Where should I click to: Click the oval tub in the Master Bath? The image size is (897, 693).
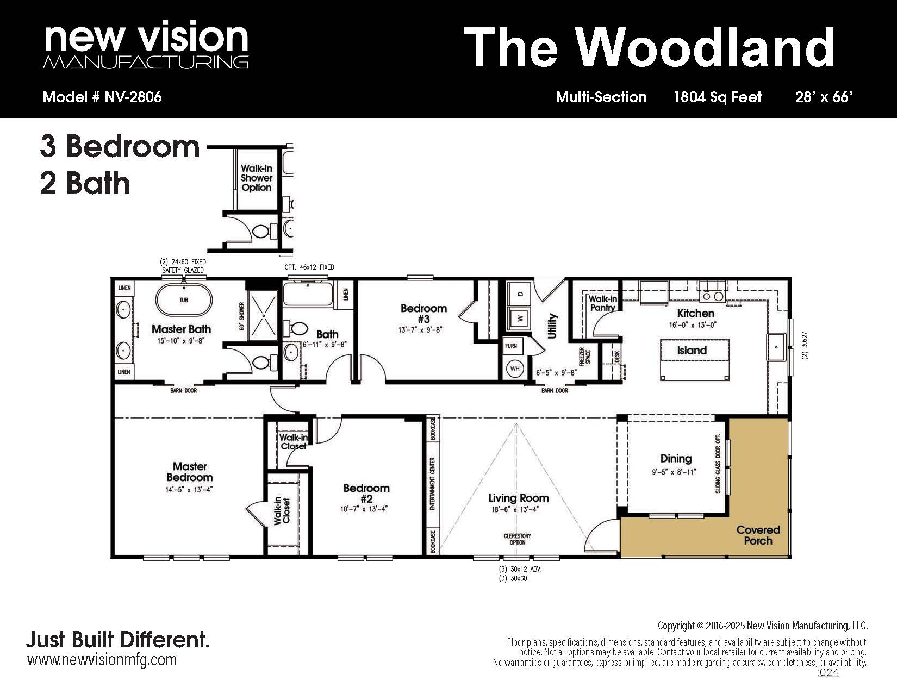[184, 300]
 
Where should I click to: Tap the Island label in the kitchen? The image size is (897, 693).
[692, 351]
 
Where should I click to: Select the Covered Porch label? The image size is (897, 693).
[758, 535]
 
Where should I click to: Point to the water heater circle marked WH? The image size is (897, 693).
[515, 369]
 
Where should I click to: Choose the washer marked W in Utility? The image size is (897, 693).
[520, 318]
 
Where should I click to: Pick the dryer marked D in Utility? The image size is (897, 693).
[520, 294]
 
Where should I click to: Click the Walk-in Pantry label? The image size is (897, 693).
[603, 303]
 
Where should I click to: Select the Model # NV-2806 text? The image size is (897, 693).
[102, 97]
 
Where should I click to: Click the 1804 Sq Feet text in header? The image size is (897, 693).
[718, 97]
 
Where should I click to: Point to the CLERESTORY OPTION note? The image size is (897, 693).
[517, 539]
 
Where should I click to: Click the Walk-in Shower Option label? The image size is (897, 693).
[257, 178]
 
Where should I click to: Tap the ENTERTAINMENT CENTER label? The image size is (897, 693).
[433, 484]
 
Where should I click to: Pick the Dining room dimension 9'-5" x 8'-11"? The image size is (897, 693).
[674, 471]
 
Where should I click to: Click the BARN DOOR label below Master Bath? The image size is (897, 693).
[184, 390]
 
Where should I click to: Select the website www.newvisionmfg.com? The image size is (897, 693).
[102, 659]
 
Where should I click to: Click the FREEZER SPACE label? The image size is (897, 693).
[585, 356]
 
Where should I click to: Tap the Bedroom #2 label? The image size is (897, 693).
[366, 493]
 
